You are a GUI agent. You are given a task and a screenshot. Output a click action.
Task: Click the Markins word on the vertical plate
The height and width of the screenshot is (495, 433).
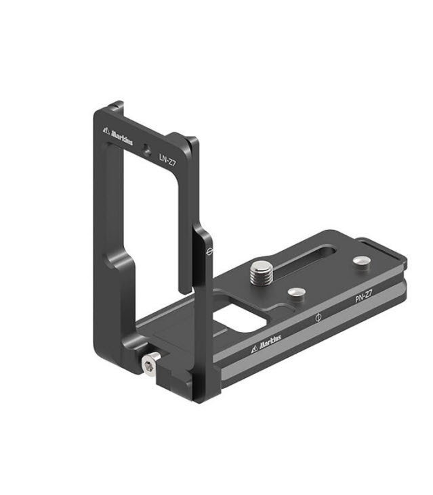pyautogui.click(x=122, y=137)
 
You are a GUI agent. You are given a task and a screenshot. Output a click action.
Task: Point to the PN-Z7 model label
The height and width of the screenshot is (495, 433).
pyautogui.click(x=363, y=296)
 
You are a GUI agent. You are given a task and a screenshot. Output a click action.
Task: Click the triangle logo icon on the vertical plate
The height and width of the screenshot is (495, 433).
pyautogui.click(x=106, y=130)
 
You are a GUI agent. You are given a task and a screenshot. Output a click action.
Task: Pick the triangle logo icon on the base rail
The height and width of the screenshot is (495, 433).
pyautogui.click(x=255, y=349)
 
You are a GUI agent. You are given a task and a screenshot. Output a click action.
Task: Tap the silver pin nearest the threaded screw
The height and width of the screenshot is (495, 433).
pyautogui.click(x=297, y=293)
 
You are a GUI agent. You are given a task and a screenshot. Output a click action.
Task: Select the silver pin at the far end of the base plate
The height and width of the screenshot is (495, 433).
pyautogui.click(x=362, y=261)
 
